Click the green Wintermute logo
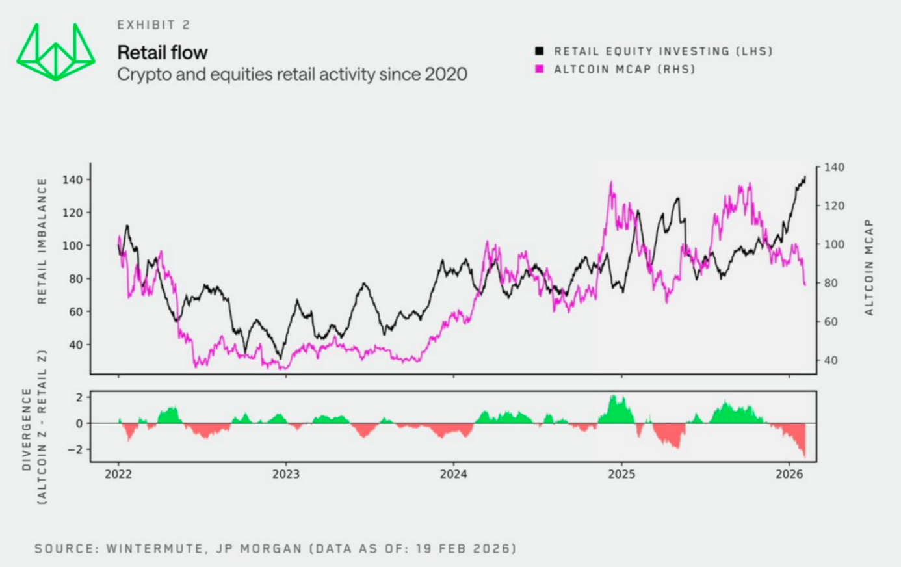pos(56,52)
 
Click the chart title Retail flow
pos(163,52)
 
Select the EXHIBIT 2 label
pos(153,25)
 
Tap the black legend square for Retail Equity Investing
pos(539,51)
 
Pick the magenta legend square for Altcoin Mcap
pos(539,69)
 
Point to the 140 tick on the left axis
pos(76,179)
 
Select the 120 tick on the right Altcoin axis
pos(834,205)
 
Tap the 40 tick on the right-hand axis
pos(831,360)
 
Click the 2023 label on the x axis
pos(286,474)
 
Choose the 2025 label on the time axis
pos(621,474)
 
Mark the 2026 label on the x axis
pos(789,474)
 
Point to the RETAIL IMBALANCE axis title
pos(42,241)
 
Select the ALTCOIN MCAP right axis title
pos(868,267)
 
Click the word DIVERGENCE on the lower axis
pos(27,430)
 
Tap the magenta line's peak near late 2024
pos(611,183)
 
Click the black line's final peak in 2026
pos(805,176)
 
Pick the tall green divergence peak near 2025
pos(613,396)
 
